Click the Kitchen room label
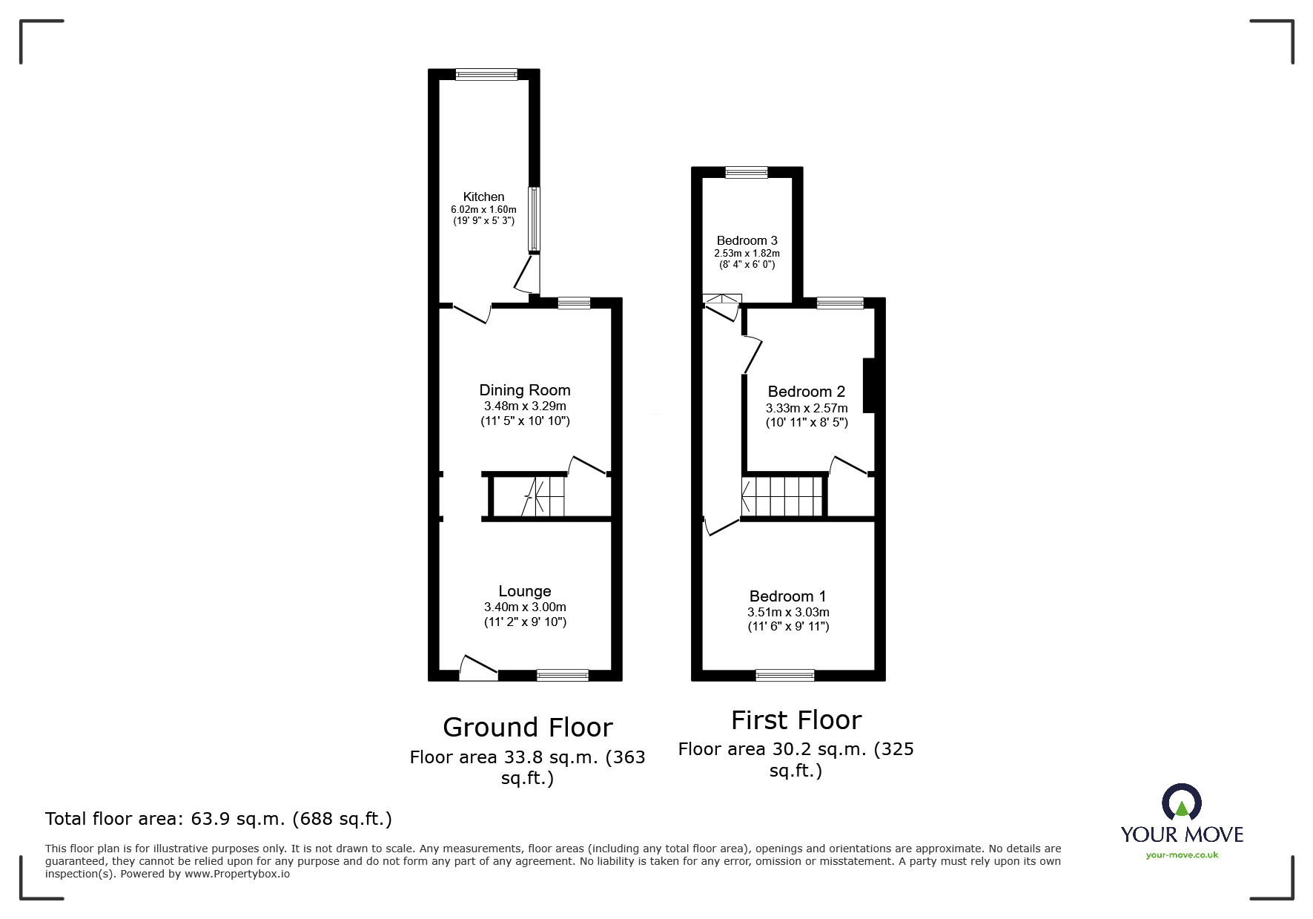coord(483,197)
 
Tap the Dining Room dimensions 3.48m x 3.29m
coord(525,406)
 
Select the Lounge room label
coord(524,591)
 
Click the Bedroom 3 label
coord(747,240)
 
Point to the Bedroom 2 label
coord(806,392)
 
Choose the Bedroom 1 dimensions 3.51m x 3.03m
coord(788,612)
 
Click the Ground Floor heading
coord(527,727)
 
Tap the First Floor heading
coord(796,719)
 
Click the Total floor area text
coord(219,819)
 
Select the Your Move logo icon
coord(1181,803)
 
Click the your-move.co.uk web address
coord(1182,855)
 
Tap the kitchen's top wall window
coord(486,74)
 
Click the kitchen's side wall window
coord(534,220)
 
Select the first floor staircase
coord(783,496)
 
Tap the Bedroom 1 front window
coord(784,675)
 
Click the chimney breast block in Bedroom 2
coord(870,386)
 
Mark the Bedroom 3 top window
coord(747,173)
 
